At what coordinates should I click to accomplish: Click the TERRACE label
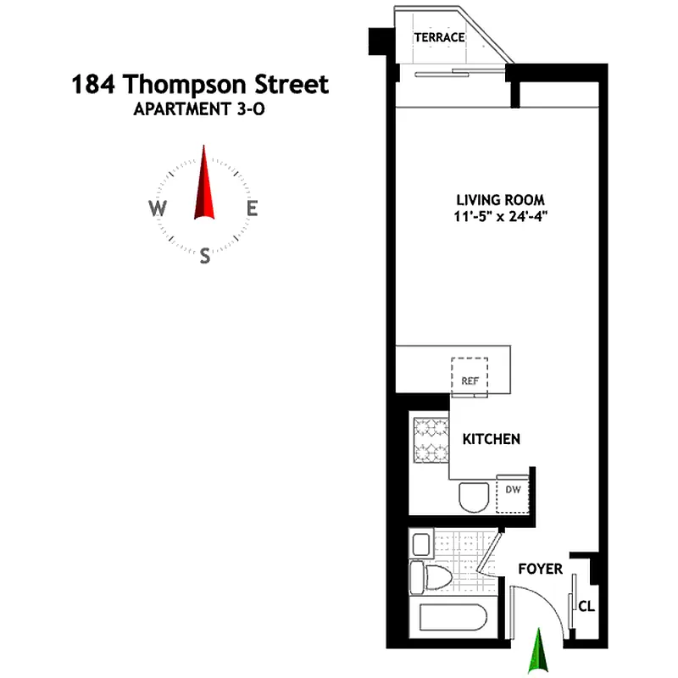[x=439, y=37]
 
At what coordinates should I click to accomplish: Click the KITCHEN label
[x=491, y=439]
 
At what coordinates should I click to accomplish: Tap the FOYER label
[x=540, y=569]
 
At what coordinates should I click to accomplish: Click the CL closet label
[x=586, y=607]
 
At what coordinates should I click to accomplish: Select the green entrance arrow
[x=536, y=653]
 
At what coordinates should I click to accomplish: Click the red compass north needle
[x=204, y=182]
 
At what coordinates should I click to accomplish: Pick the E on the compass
[x=252, y=208]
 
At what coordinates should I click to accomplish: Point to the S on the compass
[x=204, y=256]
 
